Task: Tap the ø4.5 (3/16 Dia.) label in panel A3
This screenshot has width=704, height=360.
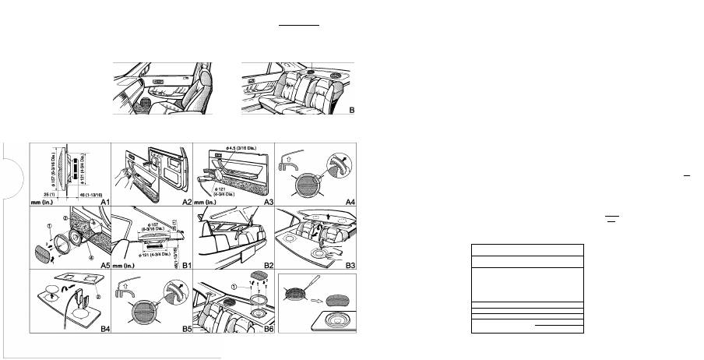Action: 238,147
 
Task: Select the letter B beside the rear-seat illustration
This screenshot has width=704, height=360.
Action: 352,111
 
